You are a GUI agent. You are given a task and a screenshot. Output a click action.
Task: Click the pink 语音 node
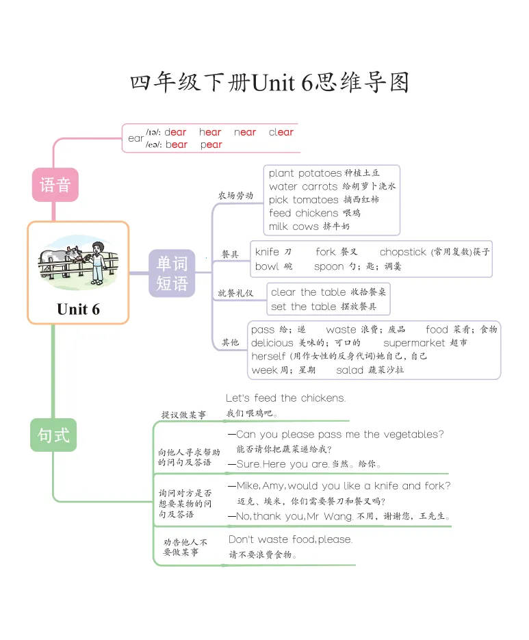[55, 185]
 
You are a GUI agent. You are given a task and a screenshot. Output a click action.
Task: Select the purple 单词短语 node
[172, 273]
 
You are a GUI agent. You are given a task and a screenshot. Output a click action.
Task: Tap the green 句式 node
[53, 435]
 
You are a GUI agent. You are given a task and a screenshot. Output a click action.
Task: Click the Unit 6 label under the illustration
[78, 309]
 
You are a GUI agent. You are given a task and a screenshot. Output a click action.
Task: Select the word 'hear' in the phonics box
[210, 132]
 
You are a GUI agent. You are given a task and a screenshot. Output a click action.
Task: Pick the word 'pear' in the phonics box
[211, 144]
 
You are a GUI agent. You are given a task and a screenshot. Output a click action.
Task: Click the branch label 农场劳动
[235, 195]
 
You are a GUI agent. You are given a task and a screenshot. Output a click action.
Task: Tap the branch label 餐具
[230, 254]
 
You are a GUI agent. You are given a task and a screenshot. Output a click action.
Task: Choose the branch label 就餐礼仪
[235, 293]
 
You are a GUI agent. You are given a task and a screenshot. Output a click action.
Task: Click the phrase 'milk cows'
[294, 226]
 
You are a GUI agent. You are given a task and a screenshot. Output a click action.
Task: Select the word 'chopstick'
[403, 252]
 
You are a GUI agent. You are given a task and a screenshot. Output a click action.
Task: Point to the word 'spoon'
[329, 266]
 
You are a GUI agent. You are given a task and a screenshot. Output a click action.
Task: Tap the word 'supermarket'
[415, 342]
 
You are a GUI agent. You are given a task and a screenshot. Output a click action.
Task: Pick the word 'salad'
[349, 370]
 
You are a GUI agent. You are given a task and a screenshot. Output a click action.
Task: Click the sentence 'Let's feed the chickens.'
[286, 398]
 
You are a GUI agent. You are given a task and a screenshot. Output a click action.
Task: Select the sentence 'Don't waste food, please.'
[290, 539]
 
